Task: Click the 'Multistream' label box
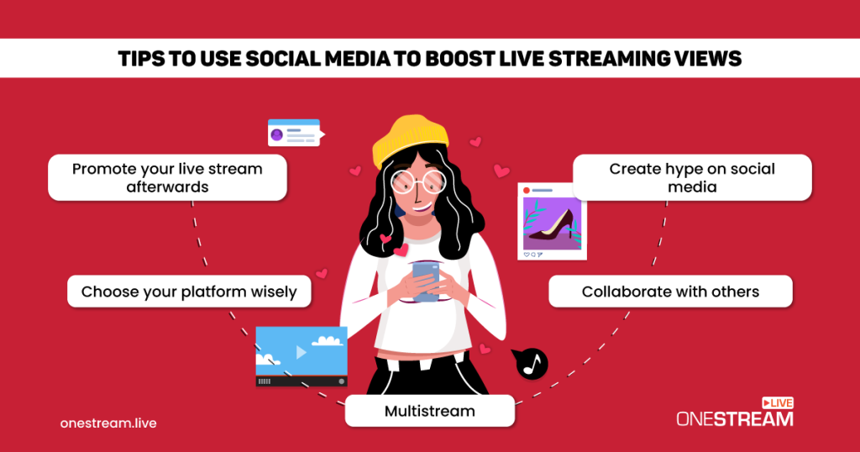click(429, 411)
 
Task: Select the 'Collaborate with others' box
click(670, 292)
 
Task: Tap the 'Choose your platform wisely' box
click(189, 292)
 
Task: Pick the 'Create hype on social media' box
click(692, 177)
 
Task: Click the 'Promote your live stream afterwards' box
click(167, 177)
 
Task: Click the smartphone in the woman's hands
click(425, 281)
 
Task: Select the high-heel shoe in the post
click(554, 223)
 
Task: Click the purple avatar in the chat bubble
click(277, 134)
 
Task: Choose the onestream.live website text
click(108, 423)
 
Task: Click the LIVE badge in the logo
click(778, 402)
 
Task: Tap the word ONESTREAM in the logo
click(734, 418)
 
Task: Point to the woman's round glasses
click(411, 182)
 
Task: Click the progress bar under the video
click(302, 381)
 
